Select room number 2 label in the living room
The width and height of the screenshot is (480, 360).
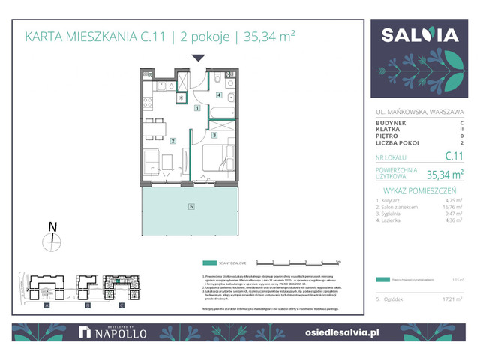173,140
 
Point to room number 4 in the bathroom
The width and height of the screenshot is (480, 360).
219,95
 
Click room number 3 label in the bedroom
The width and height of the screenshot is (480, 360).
214,135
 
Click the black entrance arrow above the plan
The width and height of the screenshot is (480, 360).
197,58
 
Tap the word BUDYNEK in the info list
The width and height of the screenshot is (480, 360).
391,122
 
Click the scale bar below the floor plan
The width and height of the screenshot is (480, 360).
298,262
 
